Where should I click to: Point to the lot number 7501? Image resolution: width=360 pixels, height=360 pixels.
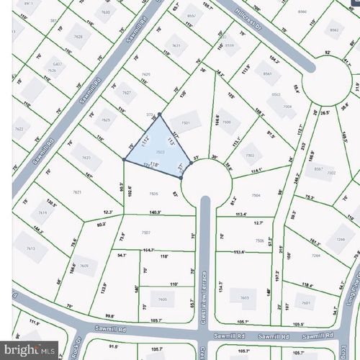tap(185, 123)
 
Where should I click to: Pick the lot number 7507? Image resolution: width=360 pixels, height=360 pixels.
tap(145, 233)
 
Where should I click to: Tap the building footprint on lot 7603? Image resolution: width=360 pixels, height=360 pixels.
tap(244, 297)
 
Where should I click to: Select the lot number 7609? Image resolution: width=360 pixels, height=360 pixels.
tap(84, 266)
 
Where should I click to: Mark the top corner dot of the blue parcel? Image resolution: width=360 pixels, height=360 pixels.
tap(160, 114)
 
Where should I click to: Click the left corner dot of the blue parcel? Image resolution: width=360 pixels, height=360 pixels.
tap(125, 160)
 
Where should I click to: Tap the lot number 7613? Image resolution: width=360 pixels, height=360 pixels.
tap(30, 248)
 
